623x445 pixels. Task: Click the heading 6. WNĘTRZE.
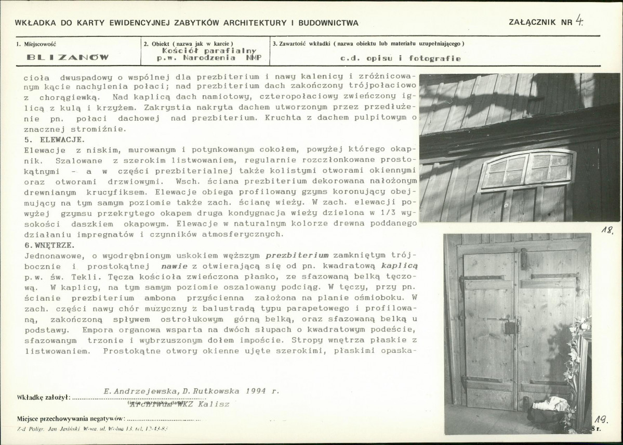pos(49,245)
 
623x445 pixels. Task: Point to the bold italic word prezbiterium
pos(297,255)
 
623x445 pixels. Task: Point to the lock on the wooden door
pos(511,327)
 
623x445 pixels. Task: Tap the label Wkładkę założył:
pos(43,398)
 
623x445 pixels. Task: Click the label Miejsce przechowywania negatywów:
pos(71,418)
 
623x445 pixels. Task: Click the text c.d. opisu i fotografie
pos(400,58)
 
